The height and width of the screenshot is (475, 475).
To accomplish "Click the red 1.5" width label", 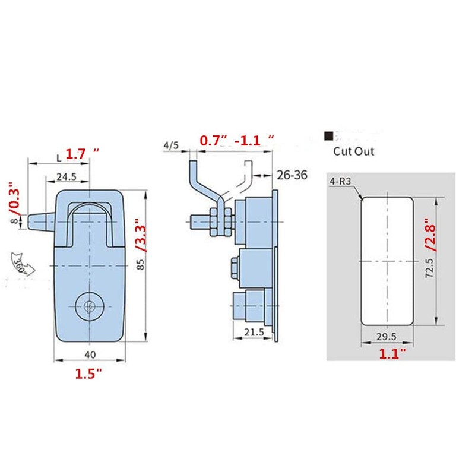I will (88, 375).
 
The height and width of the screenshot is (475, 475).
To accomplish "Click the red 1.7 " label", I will (81, 154).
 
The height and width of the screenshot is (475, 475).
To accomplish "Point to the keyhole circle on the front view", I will (87, 306).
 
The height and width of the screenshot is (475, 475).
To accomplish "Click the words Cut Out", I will (353, 151).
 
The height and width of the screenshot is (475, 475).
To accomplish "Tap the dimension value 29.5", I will (386, 337).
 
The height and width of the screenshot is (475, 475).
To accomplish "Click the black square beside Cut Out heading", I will (327, 135).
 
